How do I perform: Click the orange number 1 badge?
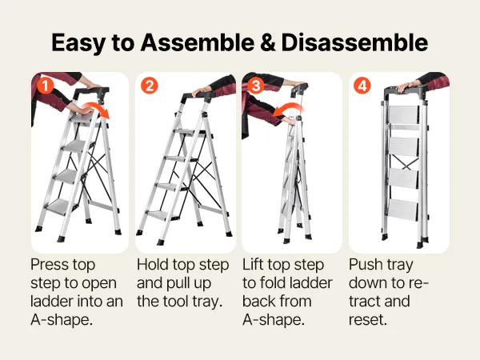46,86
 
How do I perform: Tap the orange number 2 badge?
150,86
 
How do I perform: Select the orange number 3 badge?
256,86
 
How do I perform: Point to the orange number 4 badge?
362,86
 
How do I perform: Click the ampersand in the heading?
268,42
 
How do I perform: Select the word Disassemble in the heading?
354,42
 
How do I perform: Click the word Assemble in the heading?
197,42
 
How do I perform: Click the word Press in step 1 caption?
48,265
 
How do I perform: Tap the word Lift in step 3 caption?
253,265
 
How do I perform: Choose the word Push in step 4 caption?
363,265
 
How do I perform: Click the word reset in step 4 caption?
368,320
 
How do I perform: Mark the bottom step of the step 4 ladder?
403,210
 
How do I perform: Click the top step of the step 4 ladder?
403,115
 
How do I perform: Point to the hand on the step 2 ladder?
199,91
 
